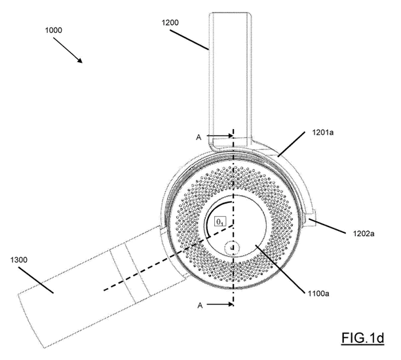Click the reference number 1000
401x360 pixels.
pos(54,30)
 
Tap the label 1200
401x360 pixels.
pos(170,22)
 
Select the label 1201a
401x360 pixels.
pos(323,132)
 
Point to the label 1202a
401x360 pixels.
pos(364,234)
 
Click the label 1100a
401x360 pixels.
pos(318,293)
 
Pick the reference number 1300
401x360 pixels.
pos(18,260)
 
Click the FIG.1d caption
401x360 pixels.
pos(362,338)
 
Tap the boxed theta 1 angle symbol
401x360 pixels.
pos(220,222)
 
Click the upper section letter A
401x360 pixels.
pos(199,137)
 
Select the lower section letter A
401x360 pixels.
pos(200,305)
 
